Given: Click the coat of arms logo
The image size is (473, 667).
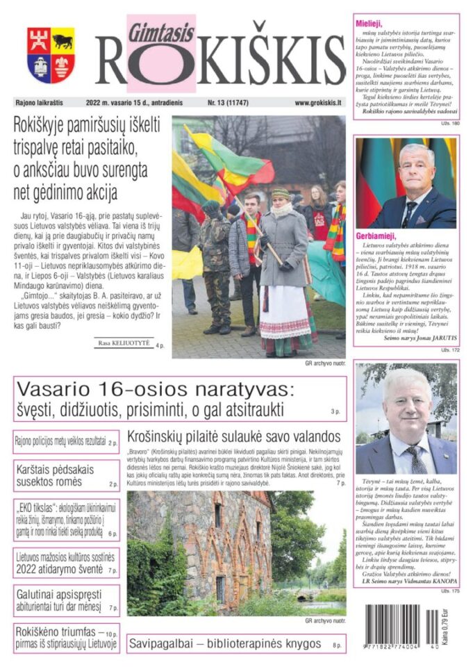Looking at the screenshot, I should pos(51,55).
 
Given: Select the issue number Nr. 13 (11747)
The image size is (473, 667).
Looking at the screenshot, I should pos(230,103).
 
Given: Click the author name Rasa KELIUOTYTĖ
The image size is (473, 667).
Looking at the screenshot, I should pos(124,343).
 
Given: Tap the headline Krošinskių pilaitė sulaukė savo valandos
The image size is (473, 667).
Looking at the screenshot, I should pos(233,436).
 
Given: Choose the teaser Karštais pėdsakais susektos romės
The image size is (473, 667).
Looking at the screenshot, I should pos(57,476).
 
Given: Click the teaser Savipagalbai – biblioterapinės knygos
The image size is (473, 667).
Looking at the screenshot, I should pos(224,643).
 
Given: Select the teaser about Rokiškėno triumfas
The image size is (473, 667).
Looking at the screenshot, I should pos(59,639).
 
